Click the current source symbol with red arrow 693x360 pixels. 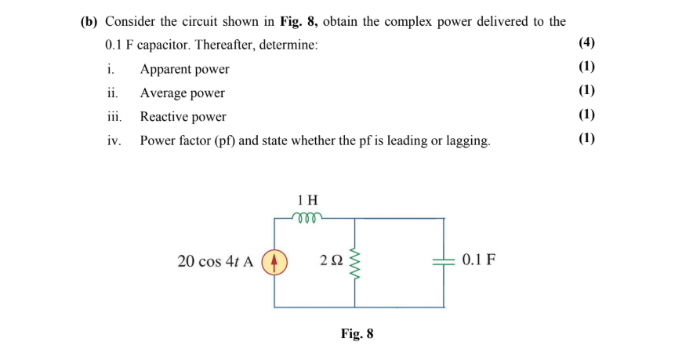[274, 261]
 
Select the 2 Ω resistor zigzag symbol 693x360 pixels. [357, 262]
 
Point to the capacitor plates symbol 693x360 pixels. [444, 261]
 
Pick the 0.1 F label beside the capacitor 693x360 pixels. [478, 260]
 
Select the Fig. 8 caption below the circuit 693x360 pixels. [357, 334]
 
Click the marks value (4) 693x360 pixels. [586, 44]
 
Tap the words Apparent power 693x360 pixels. [184, 69]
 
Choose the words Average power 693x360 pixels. [182, 93]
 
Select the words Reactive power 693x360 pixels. [183, 117]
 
